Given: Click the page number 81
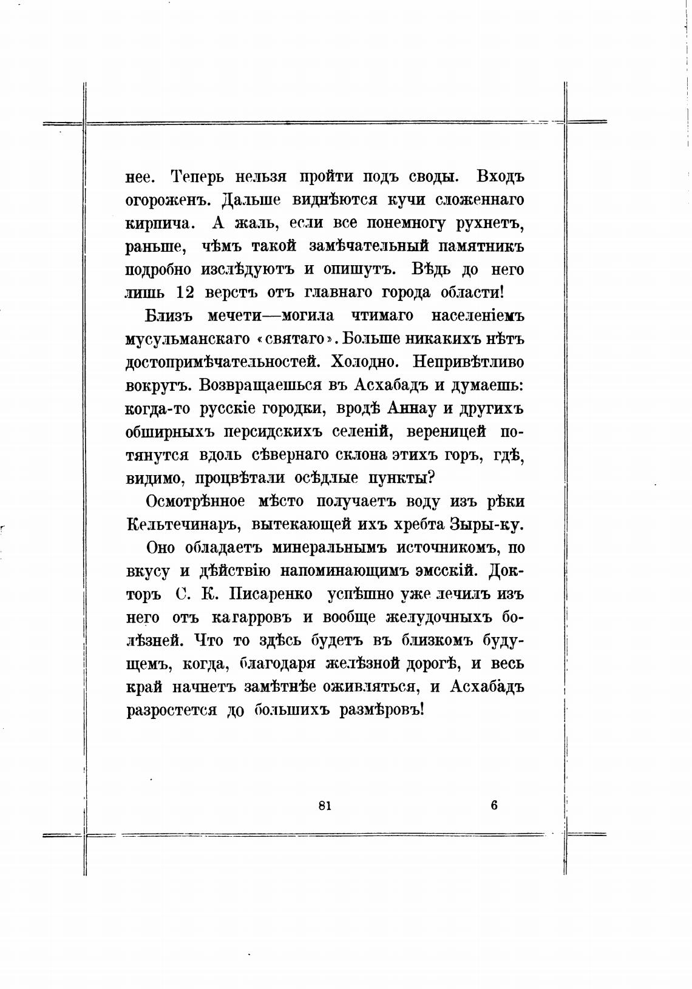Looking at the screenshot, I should coord(324,805).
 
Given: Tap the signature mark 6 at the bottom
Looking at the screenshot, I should coord(494,805).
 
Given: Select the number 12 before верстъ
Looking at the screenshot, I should coord(185,292).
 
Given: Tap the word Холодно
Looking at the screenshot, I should coord(365,362).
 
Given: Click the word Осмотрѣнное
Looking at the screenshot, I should coord(195,502).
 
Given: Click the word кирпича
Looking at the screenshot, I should coord(160,223).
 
